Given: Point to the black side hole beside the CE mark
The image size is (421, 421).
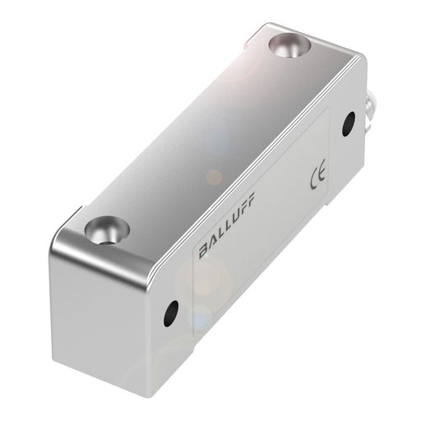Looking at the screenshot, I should coord(349,123).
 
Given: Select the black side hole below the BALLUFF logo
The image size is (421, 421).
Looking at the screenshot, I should coord(171,310).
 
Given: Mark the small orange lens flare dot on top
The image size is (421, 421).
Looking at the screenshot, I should coord(213,176).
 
